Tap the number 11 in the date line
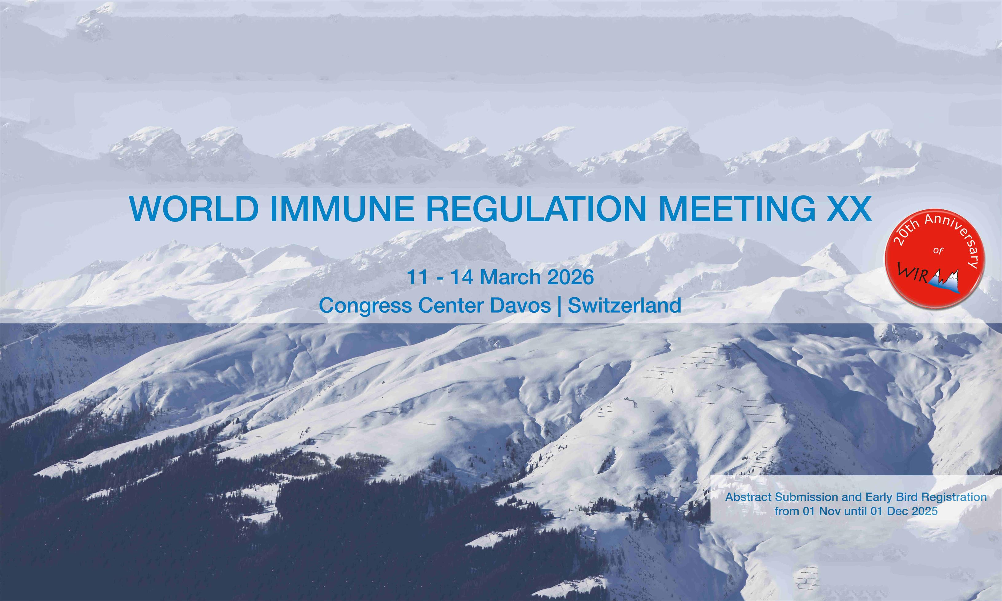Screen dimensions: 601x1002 click(x=417, y=277)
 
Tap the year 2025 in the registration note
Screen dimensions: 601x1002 click(x=925, y=511)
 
